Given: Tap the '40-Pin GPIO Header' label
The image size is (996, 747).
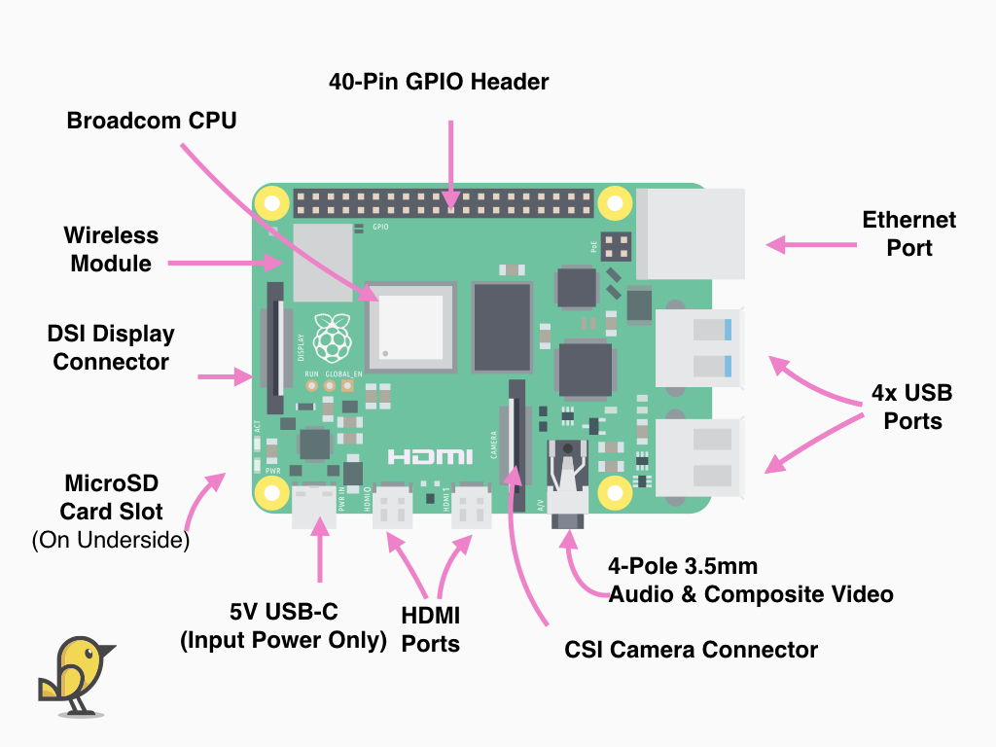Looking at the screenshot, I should tap(439, 82).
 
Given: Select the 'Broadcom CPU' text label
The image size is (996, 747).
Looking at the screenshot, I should tap(151, 121).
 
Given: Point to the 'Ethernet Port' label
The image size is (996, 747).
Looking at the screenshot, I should tap(908, 233).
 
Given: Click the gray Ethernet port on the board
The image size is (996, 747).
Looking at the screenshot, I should tap(692, 233).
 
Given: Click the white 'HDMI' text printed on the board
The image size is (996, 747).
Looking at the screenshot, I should tap(430, 456).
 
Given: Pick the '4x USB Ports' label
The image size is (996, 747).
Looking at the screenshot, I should tap(912, 407).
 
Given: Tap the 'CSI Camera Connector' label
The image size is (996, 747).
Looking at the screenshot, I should tap(691, 650).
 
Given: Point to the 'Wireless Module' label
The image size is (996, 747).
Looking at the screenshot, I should tap(111, 249).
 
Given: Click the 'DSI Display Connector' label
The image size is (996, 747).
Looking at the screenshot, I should tap(111, 347).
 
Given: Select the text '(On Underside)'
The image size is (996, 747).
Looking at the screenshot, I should tap(111, 540).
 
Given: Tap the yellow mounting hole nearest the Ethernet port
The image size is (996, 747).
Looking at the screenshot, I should tap(615, 203).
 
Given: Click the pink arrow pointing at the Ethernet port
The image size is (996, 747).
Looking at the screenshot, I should tap(800, 245).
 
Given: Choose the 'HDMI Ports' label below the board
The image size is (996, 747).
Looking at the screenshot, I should tap(430, 629).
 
